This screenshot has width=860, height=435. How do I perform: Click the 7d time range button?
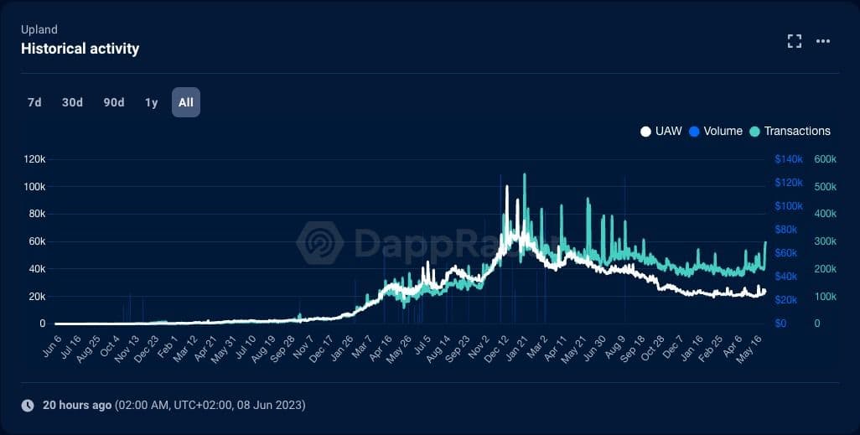34,102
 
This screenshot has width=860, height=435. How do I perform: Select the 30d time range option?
72,102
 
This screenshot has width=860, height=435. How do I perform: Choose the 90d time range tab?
114,102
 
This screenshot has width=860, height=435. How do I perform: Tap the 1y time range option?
151,102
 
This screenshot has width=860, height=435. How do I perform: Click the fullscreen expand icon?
795,41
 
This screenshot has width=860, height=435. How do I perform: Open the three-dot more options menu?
823,41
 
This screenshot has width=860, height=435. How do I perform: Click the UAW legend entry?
661,131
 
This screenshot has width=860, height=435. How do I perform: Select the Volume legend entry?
715,131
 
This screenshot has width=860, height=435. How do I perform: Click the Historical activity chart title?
80,49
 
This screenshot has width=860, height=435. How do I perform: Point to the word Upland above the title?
39,29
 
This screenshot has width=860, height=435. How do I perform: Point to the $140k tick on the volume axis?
789,159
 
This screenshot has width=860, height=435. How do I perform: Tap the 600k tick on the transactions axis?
826,159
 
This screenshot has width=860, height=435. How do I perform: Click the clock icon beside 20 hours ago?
28,405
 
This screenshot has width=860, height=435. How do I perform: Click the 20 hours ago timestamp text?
77,405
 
